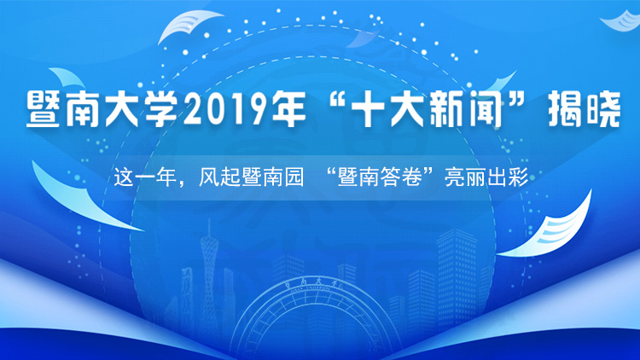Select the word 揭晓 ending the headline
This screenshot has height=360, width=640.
(x=585, y=109)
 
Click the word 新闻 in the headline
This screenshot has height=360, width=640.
(x=466, y=109)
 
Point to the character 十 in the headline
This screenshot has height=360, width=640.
(x=369, y=109)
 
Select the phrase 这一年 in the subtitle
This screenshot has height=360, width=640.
(x=146, y=177)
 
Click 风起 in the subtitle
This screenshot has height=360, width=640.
(x=219, y=177)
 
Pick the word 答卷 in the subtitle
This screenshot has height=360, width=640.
(x=402, y=177)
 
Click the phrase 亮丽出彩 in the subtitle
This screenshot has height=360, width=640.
(x=486, y=177)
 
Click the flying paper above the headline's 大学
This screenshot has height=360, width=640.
(x=190, y=26)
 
